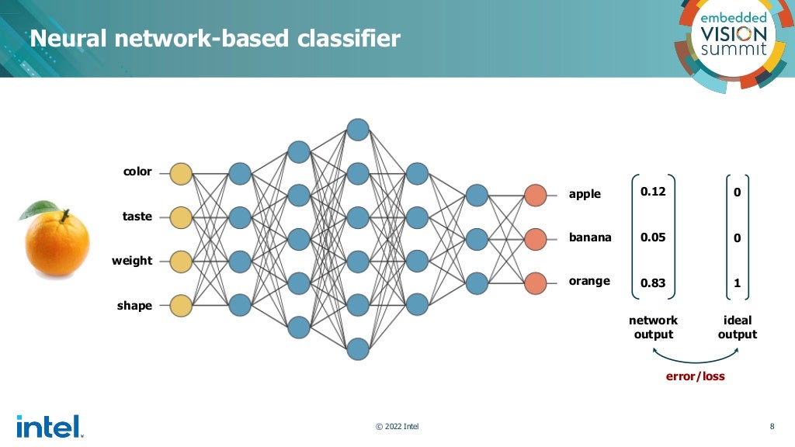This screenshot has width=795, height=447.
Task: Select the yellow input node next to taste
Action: tap(181, 217)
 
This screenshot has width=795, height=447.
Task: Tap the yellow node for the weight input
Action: tap(181, 262)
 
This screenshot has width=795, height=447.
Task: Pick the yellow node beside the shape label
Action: tap(181, 306)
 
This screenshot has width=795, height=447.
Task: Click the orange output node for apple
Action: tap(536, 194)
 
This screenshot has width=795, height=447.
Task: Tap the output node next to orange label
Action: tap(536, 282)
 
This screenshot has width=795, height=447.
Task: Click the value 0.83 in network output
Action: tap(653, 283)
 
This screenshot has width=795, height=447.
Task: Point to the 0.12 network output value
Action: tap(653, 192)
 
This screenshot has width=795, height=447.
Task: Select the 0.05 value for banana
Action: tap(653, 237)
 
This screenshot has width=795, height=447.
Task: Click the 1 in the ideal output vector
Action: tap(737, 283)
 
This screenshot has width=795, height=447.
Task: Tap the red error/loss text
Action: tap(695, 376)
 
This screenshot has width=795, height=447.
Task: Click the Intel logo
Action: tap(48, 426)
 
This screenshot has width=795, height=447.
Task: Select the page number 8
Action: tap(772, 426)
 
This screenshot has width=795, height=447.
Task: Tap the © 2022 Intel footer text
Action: tap(397, 426)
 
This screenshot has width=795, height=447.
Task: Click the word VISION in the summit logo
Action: tap(733, 33)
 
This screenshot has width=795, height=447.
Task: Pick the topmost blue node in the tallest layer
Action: tap(358, 129)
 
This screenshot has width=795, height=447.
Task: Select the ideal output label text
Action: tap(737, 327)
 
